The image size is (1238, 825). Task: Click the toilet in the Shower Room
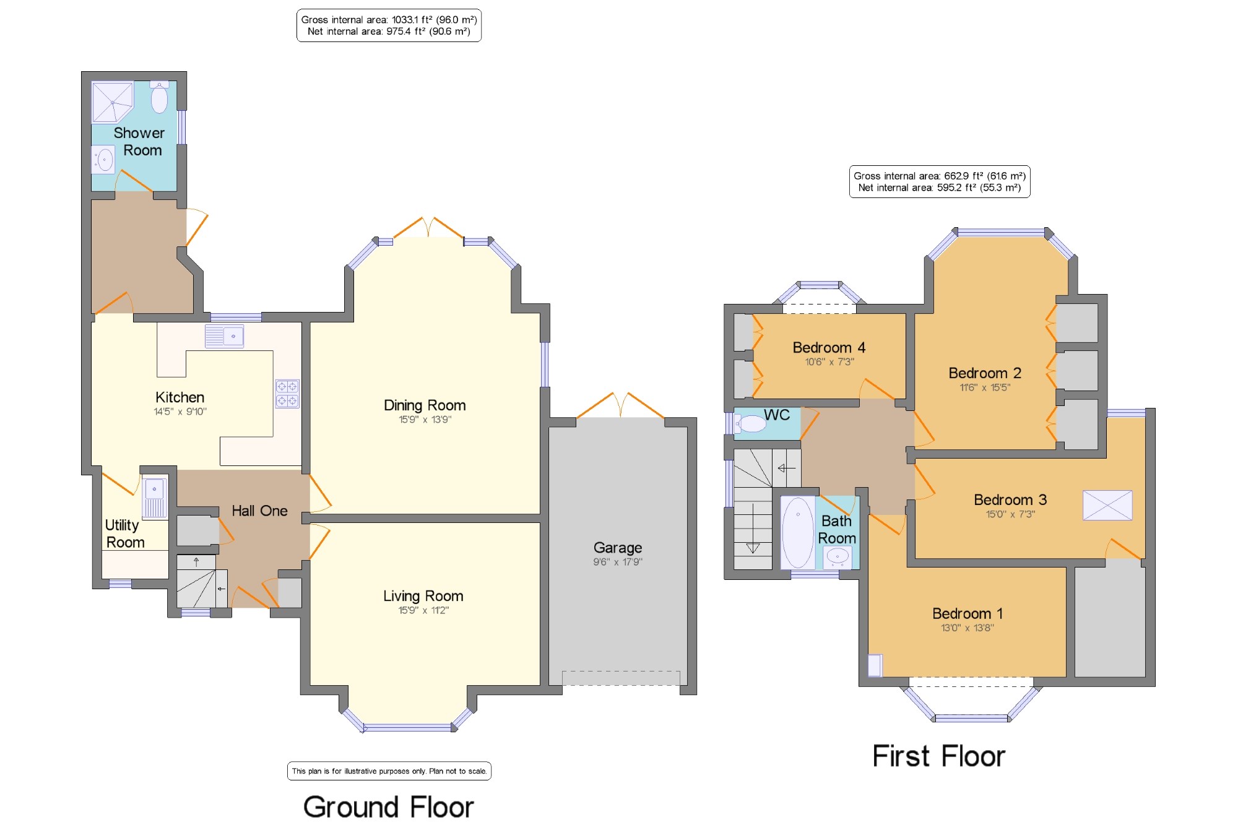click(x=159, y=97)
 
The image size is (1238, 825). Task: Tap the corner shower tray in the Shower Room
click(x=112, y=102)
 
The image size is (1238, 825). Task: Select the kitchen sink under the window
click(x=224, y=336)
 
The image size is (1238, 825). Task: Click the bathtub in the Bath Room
click(x=797, y=532)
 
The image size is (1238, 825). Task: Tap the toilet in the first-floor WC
click(x=750, y=423)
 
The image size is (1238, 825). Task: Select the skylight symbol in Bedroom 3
click(x=1107, y=505)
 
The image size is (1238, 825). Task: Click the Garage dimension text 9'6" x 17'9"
click(x=618, y=562)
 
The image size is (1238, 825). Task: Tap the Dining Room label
click(x=425, y=405)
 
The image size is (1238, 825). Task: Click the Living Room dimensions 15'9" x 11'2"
click(x=423, y=610)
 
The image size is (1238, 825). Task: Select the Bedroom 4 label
click(x=829, y=348)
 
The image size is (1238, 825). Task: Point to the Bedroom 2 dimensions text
click(x=985, y=387)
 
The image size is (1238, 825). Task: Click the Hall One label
click(x=259, y=511)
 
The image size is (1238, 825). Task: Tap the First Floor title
click(x=938, y=756)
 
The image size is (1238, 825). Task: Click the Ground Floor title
click(x=389, y=807)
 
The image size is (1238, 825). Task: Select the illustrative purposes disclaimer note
click(x=389, y=771)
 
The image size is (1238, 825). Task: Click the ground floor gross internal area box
click(x=389, y=25)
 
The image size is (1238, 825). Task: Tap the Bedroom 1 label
click(x=967, y=613)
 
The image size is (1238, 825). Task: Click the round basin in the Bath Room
click(x=837, y=557)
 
